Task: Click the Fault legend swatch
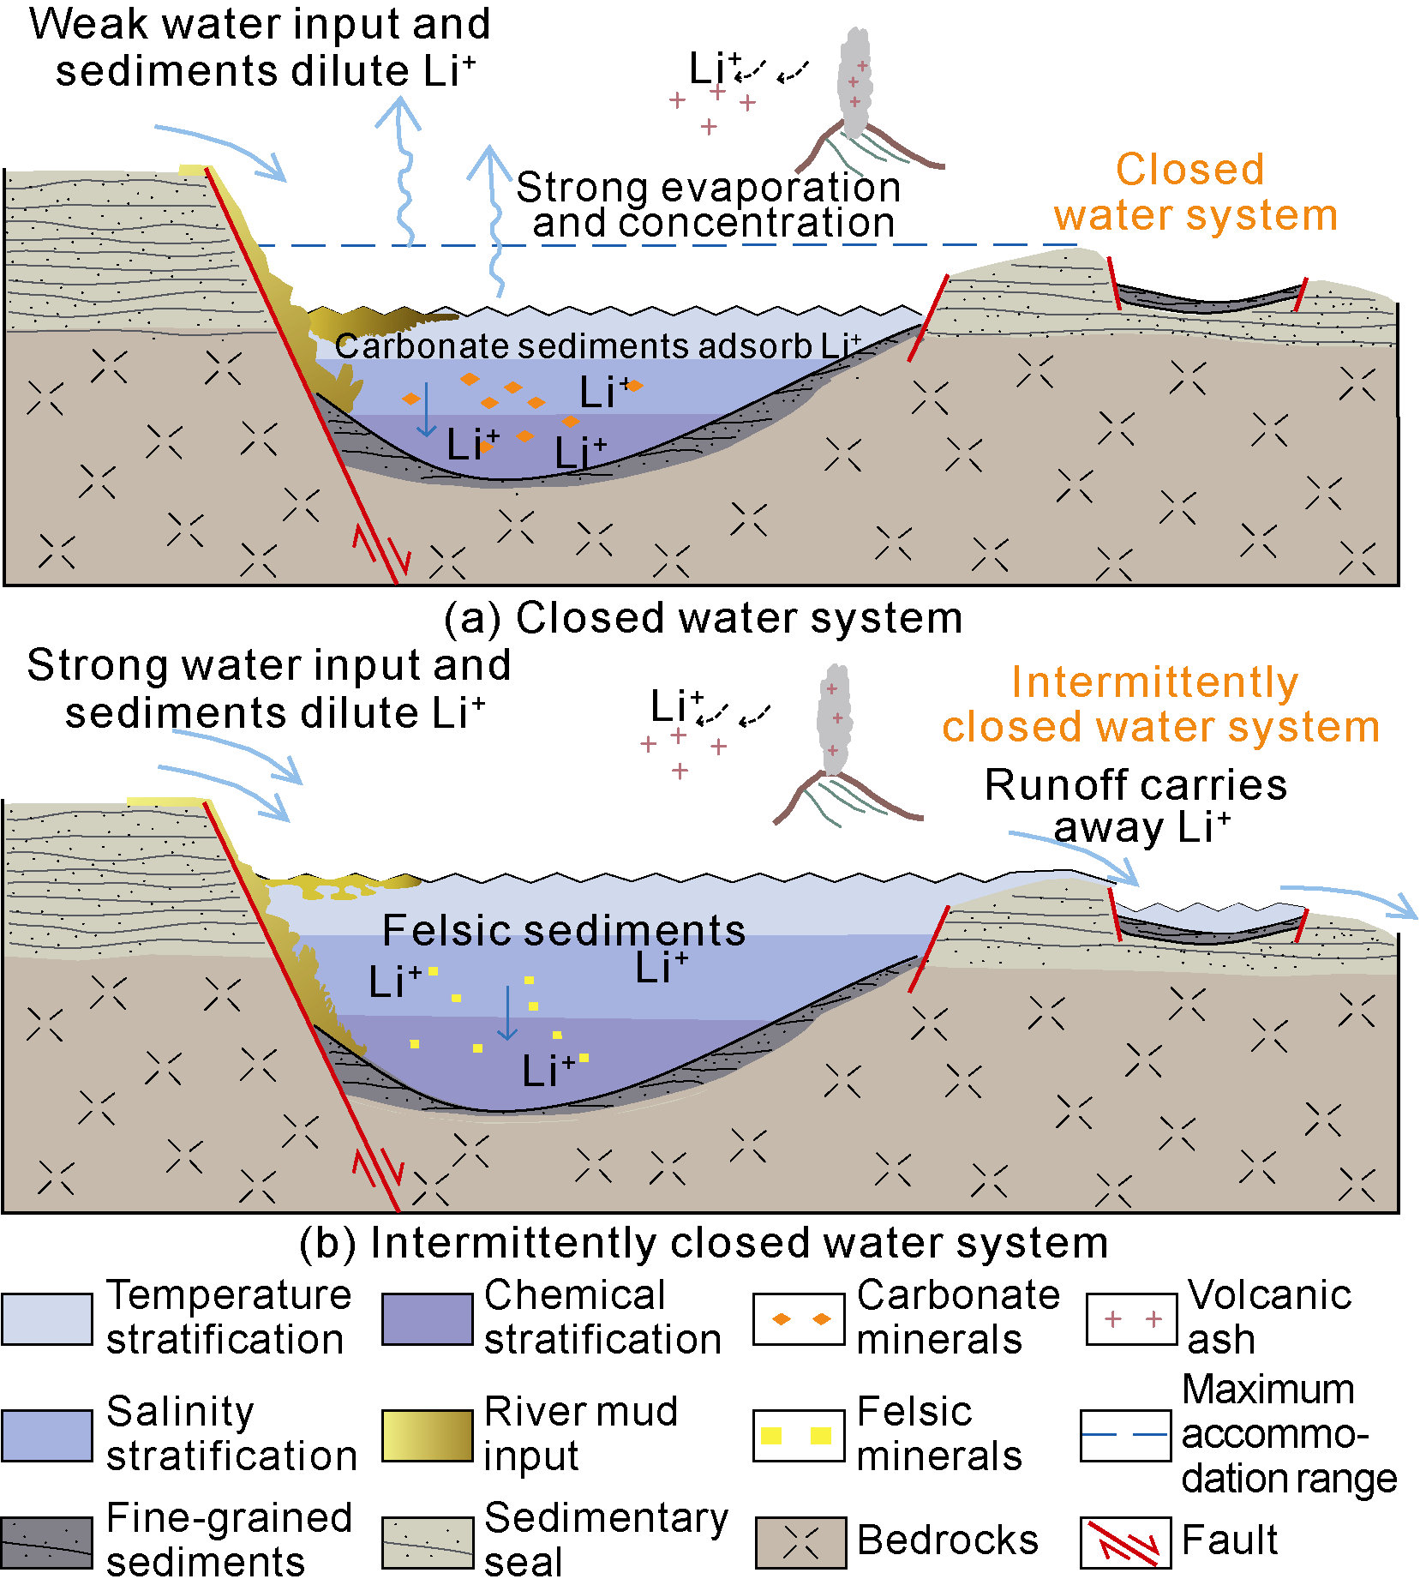1125,1543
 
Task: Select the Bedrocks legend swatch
800,1543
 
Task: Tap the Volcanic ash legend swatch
1131,1319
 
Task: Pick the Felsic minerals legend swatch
799,1435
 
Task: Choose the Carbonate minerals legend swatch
799,1319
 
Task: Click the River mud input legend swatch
427,1435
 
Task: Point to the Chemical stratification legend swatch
427,1319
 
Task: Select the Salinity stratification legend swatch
47,1435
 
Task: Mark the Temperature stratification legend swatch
47,1319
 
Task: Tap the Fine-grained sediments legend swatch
47,1543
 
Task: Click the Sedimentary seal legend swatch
427,1543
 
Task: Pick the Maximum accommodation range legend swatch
1125,1435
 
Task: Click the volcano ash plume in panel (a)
854,81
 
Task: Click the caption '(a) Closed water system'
703,618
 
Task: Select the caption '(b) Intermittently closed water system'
703,1243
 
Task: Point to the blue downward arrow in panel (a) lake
426,410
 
